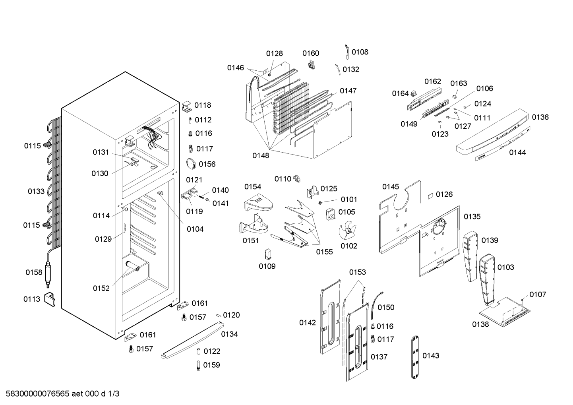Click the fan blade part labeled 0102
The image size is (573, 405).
tap(347, 232)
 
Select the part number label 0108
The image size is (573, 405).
tap(360, 52)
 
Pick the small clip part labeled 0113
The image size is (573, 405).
tap(50, 300)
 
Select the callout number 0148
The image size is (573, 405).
tap(261, 155)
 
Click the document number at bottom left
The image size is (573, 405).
tap(62, 393)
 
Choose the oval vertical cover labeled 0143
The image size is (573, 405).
tap(415, 357)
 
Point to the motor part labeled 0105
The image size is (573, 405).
tap(331, 214)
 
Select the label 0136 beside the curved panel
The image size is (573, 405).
tap(540, 117)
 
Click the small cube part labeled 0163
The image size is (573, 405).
tap(455, 97)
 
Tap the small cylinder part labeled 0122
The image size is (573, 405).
tap(198, 351)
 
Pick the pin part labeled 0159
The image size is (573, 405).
tap(198, 366)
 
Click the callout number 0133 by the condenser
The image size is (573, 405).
tap(36, 191)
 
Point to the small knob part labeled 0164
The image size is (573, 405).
tap(414, 93)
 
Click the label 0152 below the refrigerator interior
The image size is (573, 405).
tap(101, 288)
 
